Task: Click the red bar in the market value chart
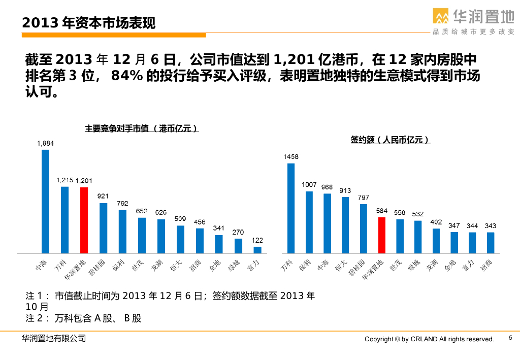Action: pos(84,220)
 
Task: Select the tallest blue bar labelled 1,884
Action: pos(45,201)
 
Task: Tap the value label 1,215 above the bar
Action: pos(65,180)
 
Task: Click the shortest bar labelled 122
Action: pos(257,250)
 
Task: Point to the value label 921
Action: pos(103,196)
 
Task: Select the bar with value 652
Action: pos(142,235)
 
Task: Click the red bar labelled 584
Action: pos(382,235)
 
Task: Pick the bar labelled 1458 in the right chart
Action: pos(291,208)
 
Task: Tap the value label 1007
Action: pos(309,185)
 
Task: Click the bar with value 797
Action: pos(364,228)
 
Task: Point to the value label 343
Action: pos(491,225)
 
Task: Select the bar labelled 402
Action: pos(436,241)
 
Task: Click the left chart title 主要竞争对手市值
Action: pos(141,129)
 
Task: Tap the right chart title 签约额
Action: pos(389,140)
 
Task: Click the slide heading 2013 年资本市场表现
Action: pos(89,23)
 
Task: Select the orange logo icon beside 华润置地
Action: pos(441,16)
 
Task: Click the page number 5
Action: pos(510,338)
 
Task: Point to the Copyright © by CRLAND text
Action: pos(429,339)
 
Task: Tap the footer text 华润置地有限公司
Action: pos(54,338)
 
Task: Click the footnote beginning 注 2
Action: pos(84,318)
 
